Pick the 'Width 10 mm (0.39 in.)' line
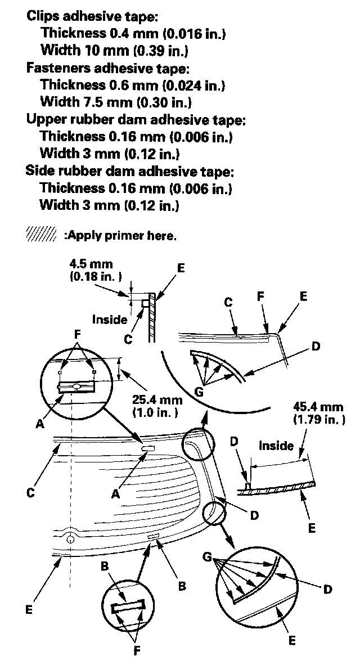(115, 51)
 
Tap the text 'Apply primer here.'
(120, 236)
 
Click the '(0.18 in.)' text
(96, 276)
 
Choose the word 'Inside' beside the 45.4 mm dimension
(276, 446)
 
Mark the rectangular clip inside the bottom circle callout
(129, 608)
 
